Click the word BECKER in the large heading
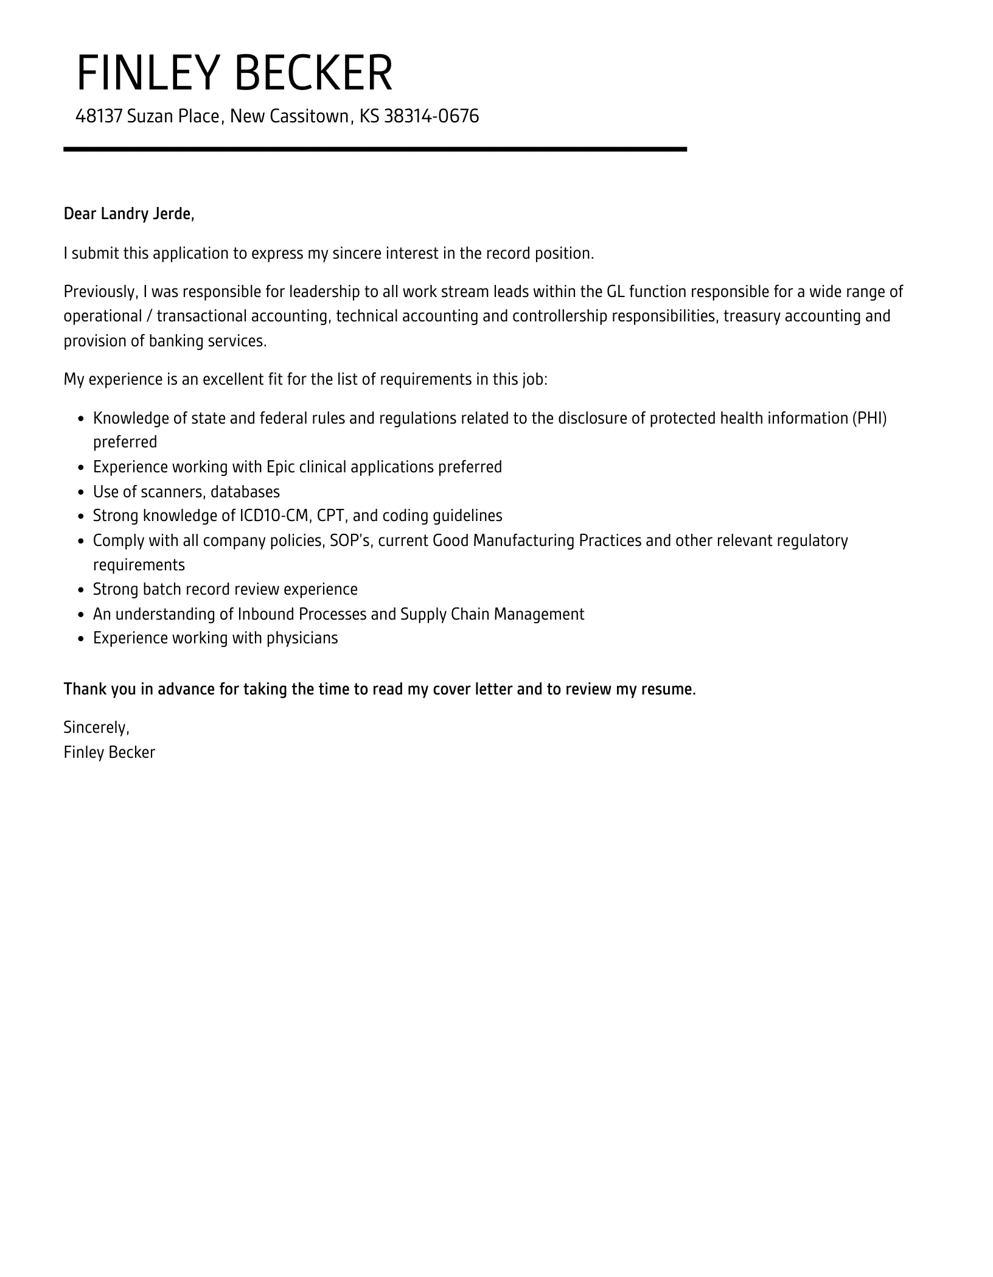[x=313, y=73]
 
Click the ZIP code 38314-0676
[x=431, y=116]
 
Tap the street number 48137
[x=99, y=116]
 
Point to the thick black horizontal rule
[x=375, y=149]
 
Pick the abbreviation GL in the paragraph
[x=616, y=292]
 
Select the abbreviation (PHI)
[x=869, y=418]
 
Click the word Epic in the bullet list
[x=281, y=467]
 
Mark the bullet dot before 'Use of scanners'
[x=82, y=492]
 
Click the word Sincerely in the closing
[x=96, y=727]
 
